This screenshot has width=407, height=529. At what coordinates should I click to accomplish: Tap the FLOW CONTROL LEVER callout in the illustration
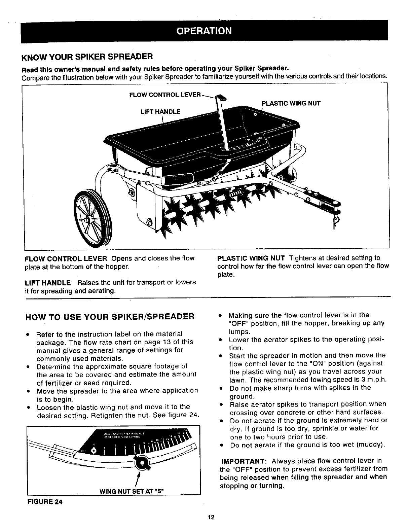[165, 94]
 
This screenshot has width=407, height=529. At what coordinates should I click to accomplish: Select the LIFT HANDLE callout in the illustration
[160, 111]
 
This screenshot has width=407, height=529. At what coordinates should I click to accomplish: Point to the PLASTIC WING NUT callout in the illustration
[291, 103]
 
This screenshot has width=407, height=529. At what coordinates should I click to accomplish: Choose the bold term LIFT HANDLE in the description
[48, 282]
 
